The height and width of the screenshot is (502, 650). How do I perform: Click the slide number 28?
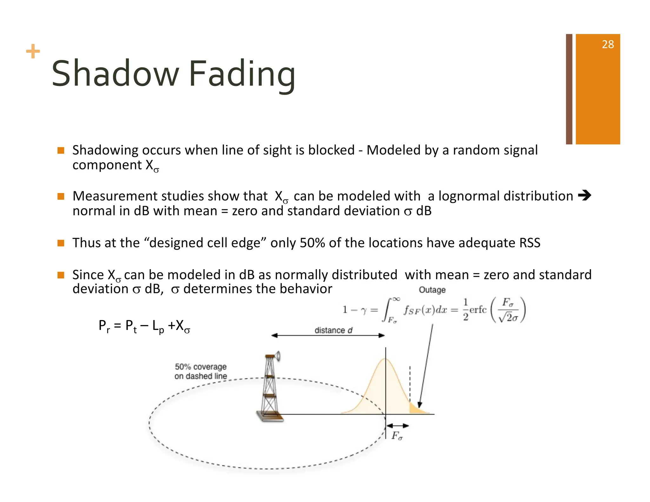[x=607, y=44]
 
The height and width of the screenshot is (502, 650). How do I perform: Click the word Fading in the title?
[x=242, y=74]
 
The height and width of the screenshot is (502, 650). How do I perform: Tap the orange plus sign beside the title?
[x=33, y=51]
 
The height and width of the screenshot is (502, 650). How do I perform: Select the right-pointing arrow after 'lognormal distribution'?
[x=584, y=195]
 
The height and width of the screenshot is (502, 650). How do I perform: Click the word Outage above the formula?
[x=432, y=290]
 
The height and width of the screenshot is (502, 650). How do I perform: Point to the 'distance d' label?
[x=333, y=330]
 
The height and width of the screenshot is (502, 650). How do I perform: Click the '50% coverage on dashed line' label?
[x=201, y=371]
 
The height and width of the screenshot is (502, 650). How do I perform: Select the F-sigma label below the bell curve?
[x=397, y=436]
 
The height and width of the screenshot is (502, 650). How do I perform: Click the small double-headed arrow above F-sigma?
[x=397, y=426]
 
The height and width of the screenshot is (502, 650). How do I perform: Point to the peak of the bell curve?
[x=385, y=360]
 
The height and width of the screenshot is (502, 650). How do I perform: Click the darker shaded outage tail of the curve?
[x=416, y=409]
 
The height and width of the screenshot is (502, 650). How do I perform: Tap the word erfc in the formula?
[x=478, y=310]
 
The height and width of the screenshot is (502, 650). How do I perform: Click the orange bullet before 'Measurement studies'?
[x=61, y=196]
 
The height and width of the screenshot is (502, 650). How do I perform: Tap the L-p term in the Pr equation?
[x=158, y=326]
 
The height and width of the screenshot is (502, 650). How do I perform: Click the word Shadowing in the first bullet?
[x=105, y=150]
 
